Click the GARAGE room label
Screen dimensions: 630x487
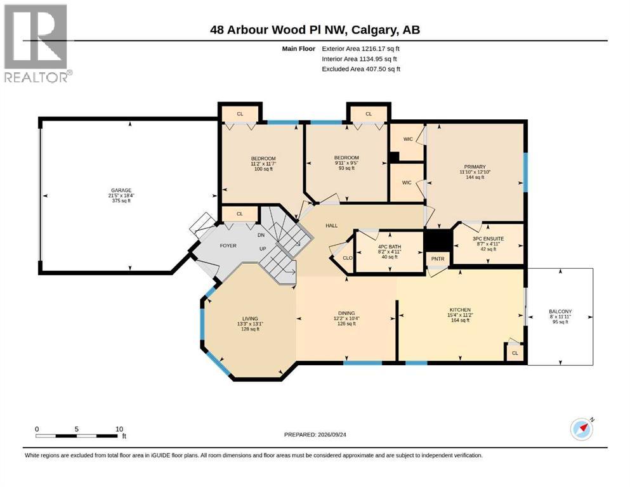(x=121, y=190)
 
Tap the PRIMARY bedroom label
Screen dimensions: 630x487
(x=475, y=167)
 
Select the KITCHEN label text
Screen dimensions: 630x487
(x=460, y=310)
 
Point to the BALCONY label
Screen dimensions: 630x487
(x=560, y=311)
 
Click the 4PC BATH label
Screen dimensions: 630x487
(x=390, y=247)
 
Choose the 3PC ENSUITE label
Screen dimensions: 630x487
(x=488, y=239)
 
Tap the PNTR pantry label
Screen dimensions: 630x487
(x=438, y=259)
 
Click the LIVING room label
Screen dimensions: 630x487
(x=250, y=319)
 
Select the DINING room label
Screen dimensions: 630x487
(x=346, y=313)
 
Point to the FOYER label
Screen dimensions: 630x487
(x=228, y=245)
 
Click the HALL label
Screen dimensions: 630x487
(x=331, y=226)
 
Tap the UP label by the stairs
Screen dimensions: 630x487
(x=263, y=249)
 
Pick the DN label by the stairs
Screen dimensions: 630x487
(x=261, y=235)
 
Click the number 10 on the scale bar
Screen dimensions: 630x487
(x=119, y=429)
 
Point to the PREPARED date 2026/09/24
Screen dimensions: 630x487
(x=315, y=434)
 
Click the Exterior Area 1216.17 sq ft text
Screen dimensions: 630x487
(x=360, y=49)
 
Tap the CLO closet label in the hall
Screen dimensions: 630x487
(x=348, y=257)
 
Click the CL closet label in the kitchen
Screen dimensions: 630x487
(x=515, y=353)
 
